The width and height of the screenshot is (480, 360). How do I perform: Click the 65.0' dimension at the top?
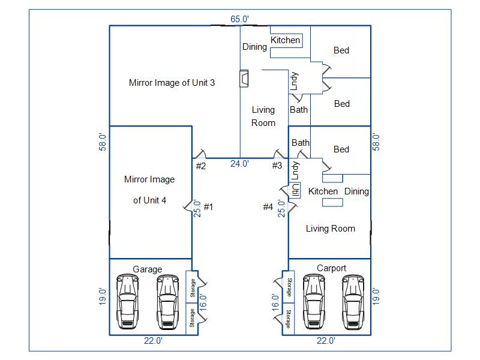(239, 19)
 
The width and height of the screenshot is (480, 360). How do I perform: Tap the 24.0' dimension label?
(239, 163)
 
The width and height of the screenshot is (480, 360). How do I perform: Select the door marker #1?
(209, 207)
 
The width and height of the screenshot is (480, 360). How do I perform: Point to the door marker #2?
(200, 166)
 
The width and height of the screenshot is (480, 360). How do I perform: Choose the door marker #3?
(277, 166)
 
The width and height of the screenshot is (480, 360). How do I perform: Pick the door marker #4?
(268, 207)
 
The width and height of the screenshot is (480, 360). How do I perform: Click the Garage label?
(148, 269)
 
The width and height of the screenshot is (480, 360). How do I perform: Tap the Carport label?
(331, 268)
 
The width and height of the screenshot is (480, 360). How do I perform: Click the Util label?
(295, 190)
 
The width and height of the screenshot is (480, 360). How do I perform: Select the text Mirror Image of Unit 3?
(172, 83)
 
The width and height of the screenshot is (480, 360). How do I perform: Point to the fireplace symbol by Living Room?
(244, 79)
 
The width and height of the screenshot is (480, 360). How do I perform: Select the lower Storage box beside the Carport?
(289, 319)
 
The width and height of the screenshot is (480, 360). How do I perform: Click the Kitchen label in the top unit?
(285, 40)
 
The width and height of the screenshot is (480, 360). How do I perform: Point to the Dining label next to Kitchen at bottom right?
(356, 191)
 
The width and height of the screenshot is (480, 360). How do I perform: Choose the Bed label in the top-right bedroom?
(341, 50)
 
